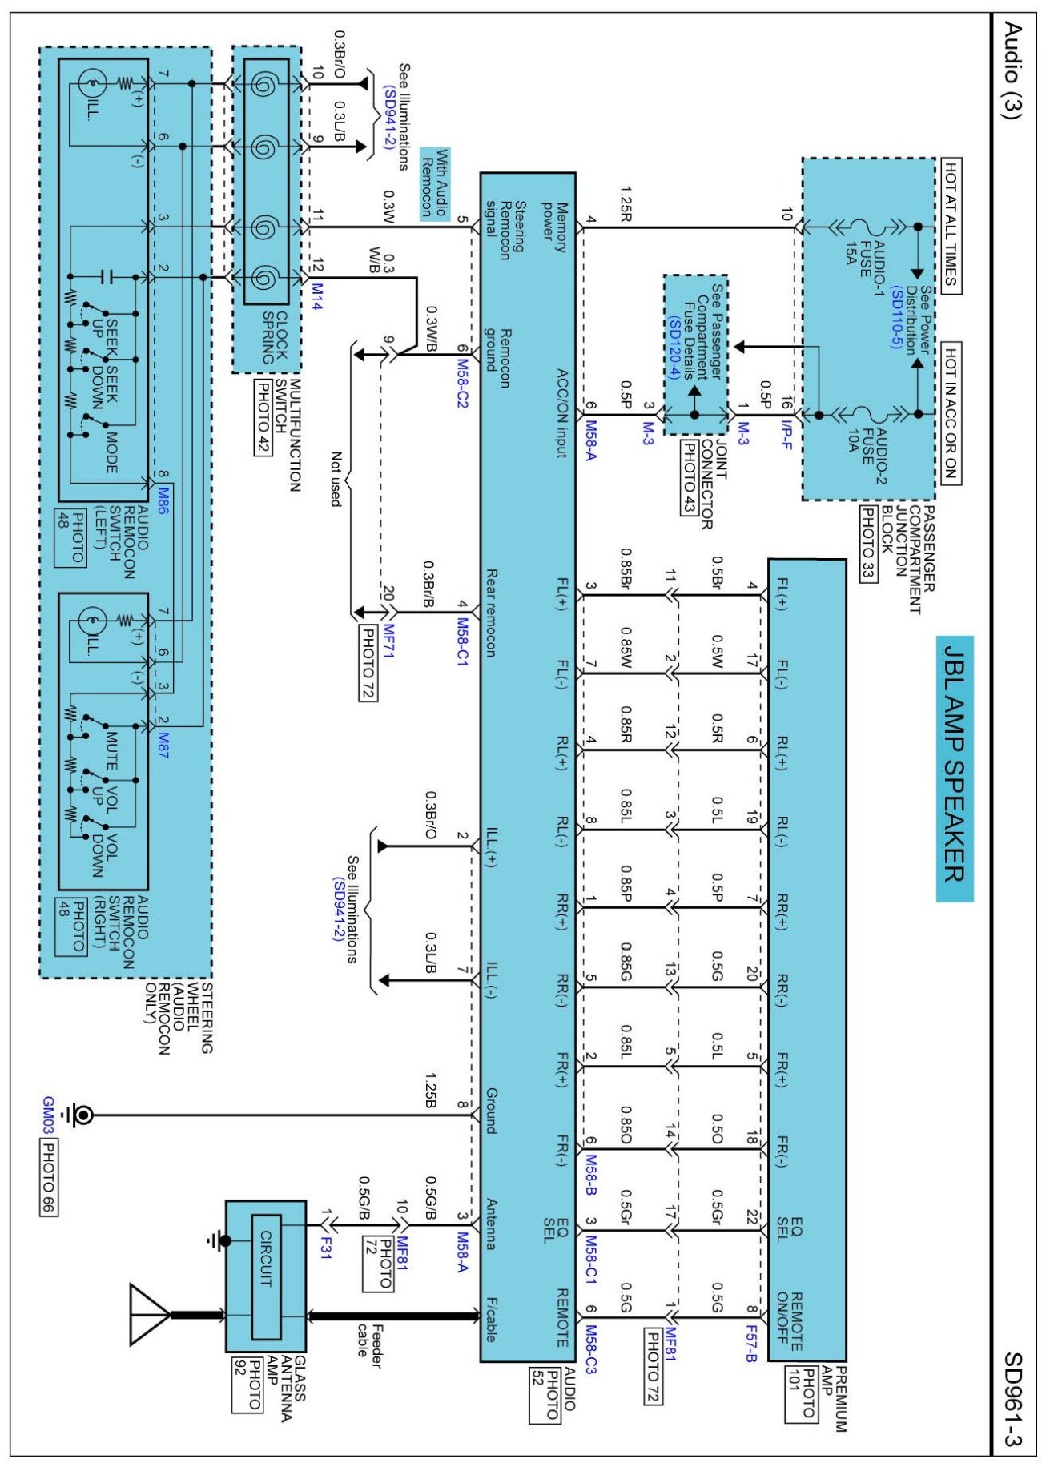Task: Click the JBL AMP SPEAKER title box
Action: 954,769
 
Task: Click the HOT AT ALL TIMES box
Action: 950,225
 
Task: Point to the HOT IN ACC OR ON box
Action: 950,412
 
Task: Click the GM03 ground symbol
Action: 81,1114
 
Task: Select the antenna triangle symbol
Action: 149,1314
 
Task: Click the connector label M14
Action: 317,296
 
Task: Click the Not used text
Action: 336,479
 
